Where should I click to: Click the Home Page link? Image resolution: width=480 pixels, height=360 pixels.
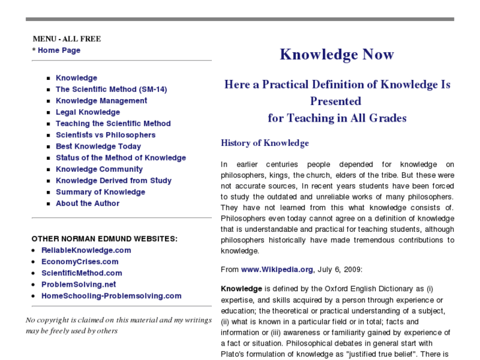59,50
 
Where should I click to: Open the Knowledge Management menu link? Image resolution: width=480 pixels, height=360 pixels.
101,101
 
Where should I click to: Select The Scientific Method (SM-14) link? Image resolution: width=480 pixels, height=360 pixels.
111,89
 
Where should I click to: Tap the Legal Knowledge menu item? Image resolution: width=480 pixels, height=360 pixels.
88,112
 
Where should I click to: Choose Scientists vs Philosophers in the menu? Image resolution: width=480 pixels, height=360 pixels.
106,135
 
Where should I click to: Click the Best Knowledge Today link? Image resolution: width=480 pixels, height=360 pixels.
98,147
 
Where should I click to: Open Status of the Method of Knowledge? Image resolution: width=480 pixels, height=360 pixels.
121,158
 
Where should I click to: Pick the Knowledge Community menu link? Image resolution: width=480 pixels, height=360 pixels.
99,169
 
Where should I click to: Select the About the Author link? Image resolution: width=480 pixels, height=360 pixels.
87,203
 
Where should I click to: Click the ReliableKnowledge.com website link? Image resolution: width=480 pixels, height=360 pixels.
86,250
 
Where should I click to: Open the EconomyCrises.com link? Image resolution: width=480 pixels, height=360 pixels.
81,262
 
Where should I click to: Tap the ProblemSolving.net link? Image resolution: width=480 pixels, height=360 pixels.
79,285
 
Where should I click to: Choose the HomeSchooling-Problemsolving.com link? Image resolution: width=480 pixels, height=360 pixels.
111,296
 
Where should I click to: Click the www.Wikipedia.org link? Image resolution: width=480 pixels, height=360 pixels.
277,270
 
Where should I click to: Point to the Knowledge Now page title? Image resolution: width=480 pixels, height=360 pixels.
337,54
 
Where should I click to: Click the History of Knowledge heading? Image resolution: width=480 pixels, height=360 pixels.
265,143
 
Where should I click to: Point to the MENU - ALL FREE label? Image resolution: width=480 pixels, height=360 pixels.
67,39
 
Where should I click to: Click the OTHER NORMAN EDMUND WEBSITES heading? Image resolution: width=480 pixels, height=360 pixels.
104,238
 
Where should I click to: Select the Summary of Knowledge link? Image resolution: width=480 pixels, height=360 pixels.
100,192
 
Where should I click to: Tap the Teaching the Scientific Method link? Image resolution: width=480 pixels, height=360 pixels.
113,124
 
